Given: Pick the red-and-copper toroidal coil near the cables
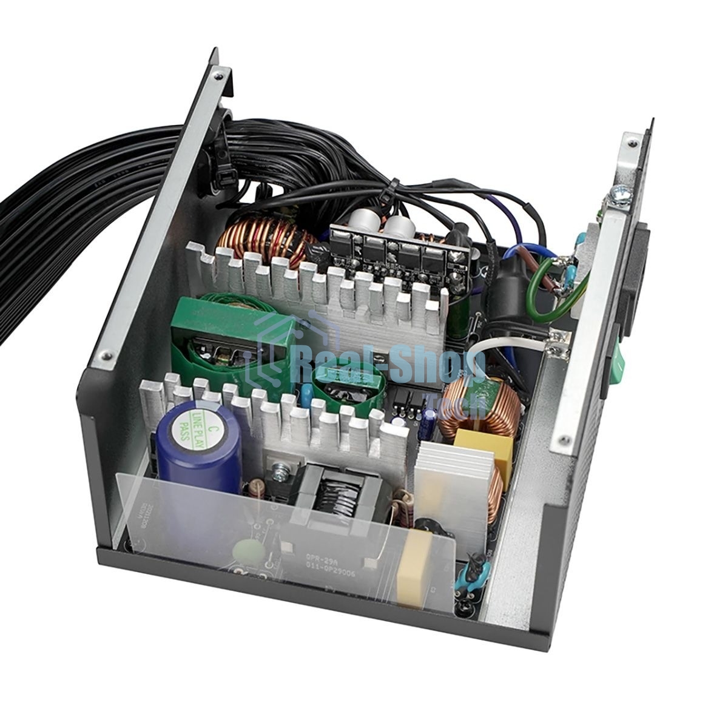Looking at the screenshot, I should click(267, 243).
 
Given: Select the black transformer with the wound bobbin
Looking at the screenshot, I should click(334, 485).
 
